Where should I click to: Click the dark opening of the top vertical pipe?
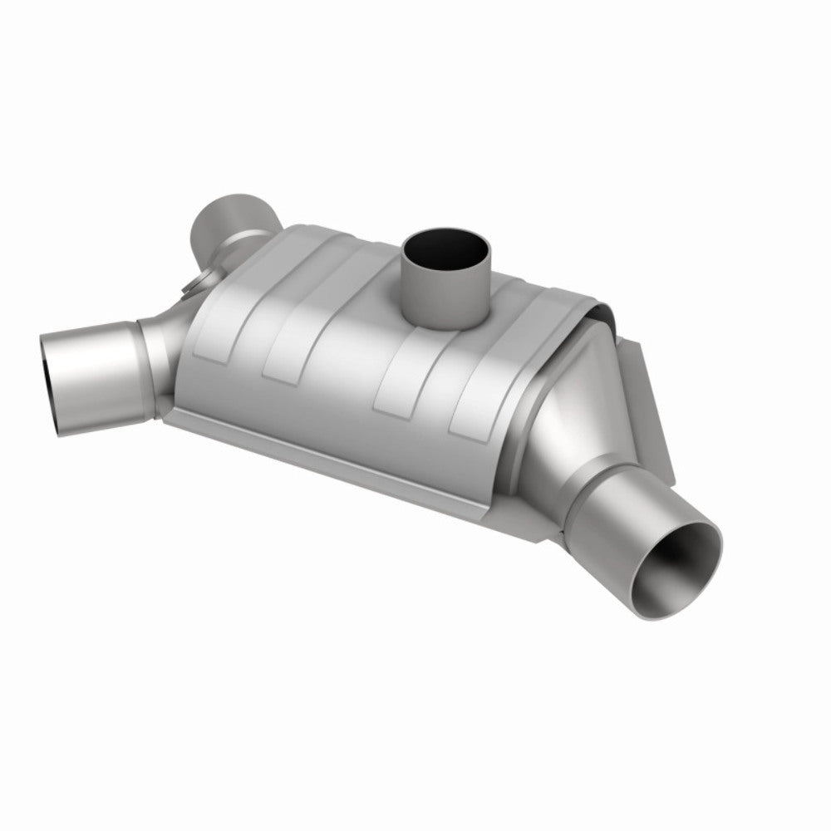(440, 248)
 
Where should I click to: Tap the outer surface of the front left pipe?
(100, 366)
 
